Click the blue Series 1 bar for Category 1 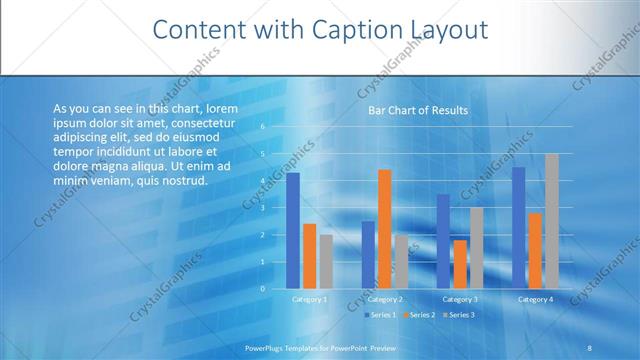pyautogui.click(x=293, y=231)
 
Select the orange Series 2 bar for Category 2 pyautogui.click(x=385, y=229)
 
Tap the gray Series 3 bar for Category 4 pyautogui.click(x=551, y=221)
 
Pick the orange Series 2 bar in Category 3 pyautogui.click(x=460, y=264)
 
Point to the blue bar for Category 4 pyautogui.click(x=518, y=228)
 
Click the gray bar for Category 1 pyautogui.click(x=326, y=262)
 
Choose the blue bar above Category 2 pyautogui.click(x=368, y=255)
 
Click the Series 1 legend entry pyautogui.click(x=381, y=315)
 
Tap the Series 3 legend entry pyautogui.click(x=459, y=315)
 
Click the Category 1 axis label pyautogui.click(x=309, y=299)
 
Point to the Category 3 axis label pyautogui.click(x=460, y=299)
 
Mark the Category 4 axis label pyautogui.click(x=535, y=299)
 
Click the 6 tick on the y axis pyautogui.click(x=262, y=127)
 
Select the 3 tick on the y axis pyautogui.click(x=262, y=208)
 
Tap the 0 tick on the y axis pyautogui.click(x=262, y=289)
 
